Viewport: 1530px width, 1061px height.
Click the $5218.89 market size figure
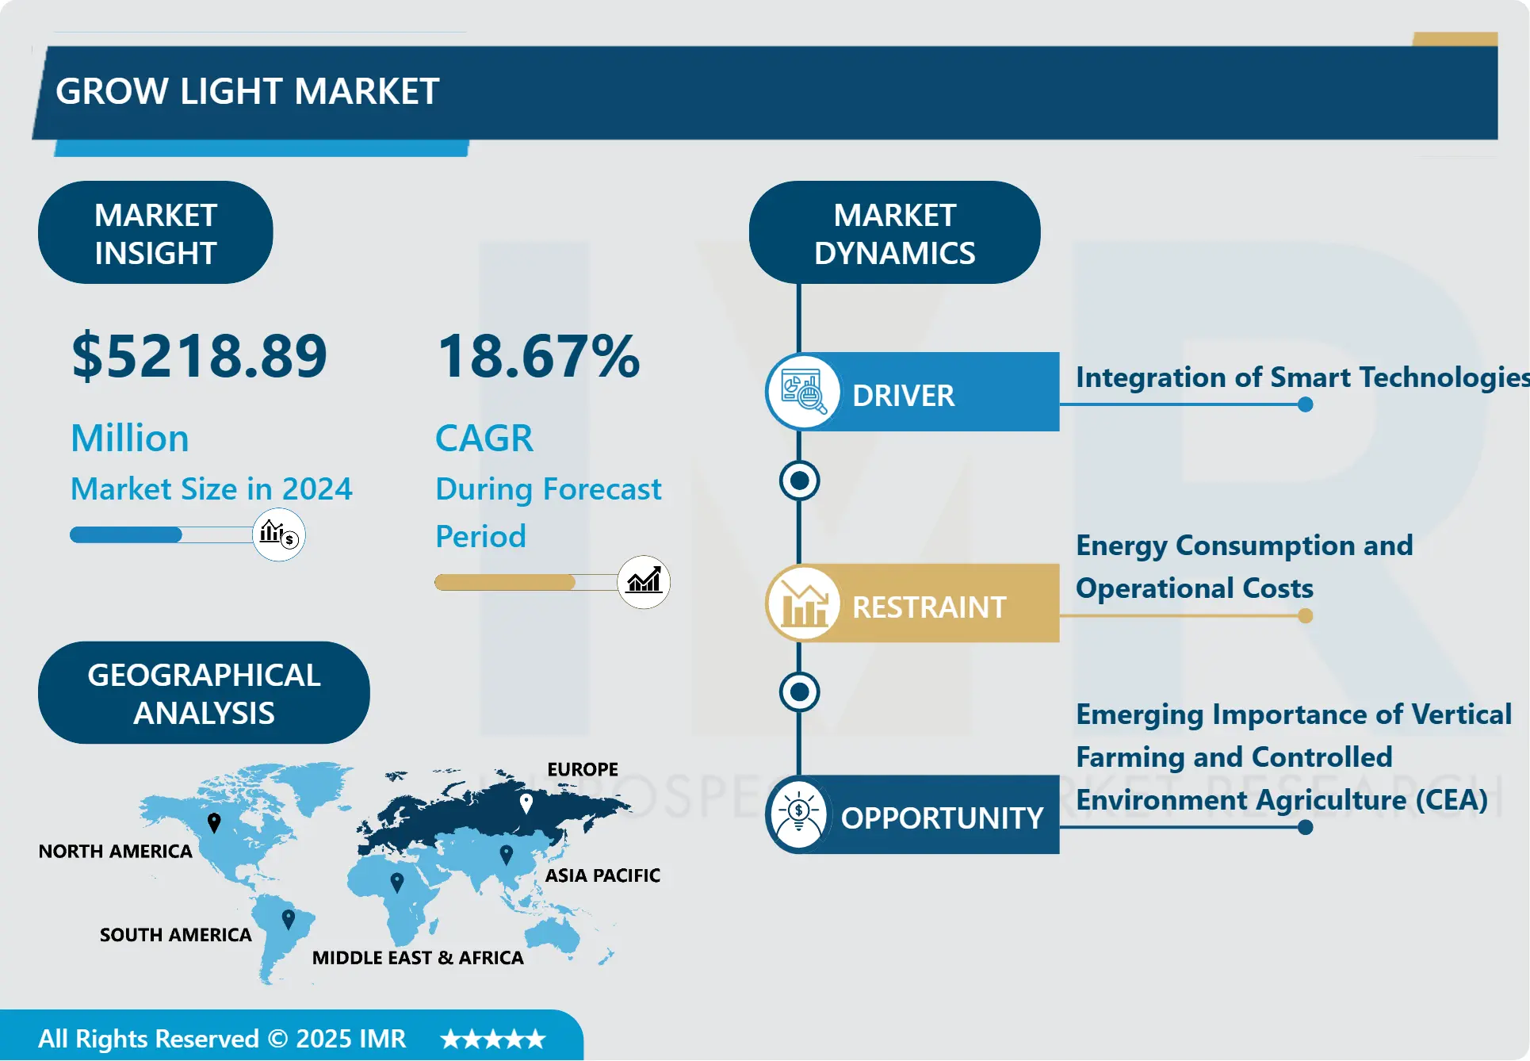click(x=199, y=356)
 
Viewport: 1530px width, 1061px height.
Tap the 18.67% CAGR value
click(x=538, y=356)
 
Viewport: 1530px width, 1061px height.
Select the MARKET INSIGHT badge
click(x=155, y=232)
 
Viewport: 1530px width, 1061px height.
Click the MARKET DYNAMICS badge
click(x=894, y=232)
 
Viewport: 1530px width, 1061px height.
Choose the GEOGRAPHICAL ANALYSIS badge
click(x=204, y=692)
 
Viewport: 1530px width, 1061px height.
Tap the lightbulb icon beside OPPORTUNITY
click(x=799, y=814)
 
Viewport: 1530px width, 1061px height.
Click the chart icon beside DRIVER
click(x=803, y=391)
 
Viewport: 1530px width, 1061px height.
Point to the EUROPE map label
click(x=583, y=769)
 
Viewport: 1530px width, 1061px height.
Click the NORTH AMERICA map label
click(x=116, y=851)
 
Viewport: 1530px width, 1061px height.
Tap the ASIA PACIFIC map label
click(x=602, y=875)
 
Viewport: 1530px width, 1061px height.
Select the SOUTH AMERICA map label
click(x=176, y=935)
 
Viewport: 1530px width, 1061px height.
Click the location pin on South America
click(x=289, y=919)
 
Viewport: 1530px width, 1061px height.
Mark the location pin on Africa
click(x=397, y=882)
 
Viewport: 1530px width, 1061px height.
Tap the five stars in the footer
click(x=493, y=1039)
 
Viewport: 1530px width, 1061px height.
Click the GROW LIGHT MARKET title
click(x=247, y=91)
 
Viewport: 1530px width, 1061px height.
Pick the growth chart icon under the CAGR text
click(x=644, y=582)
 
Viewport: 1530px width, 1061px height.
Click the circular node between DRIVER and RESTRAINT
click(x=799, y=481)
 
